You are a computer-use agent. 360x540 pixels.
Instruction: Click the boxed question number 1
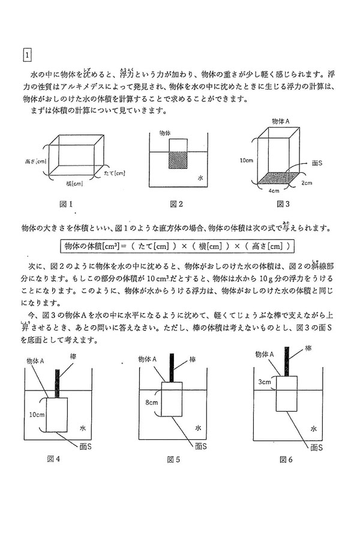click(x=27, y=56)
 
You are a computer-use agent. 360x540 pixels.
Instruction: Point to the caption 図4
click(x=55, y=459)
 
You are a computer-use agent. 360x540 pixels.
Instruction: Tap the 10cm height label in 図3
click(x=245, y=161)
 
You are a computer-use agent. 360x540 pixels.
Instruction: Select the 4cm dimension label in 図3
click(x=274, y=191)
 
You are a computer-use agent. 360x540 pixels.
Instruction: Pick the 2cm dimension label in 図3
click(x=306, y=182)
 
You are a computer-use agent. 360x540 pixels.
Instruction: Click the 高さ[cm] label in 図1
click(x=36, y=161)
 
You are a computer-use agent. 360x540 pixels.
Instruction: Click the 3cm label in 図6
click(x=263, y=381)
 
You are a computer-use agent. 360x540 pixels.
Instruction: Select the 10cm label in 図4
click(x=35, y=414)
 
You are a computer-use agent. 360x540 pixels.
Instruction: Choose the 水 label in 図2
click(x=201, y=178)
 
